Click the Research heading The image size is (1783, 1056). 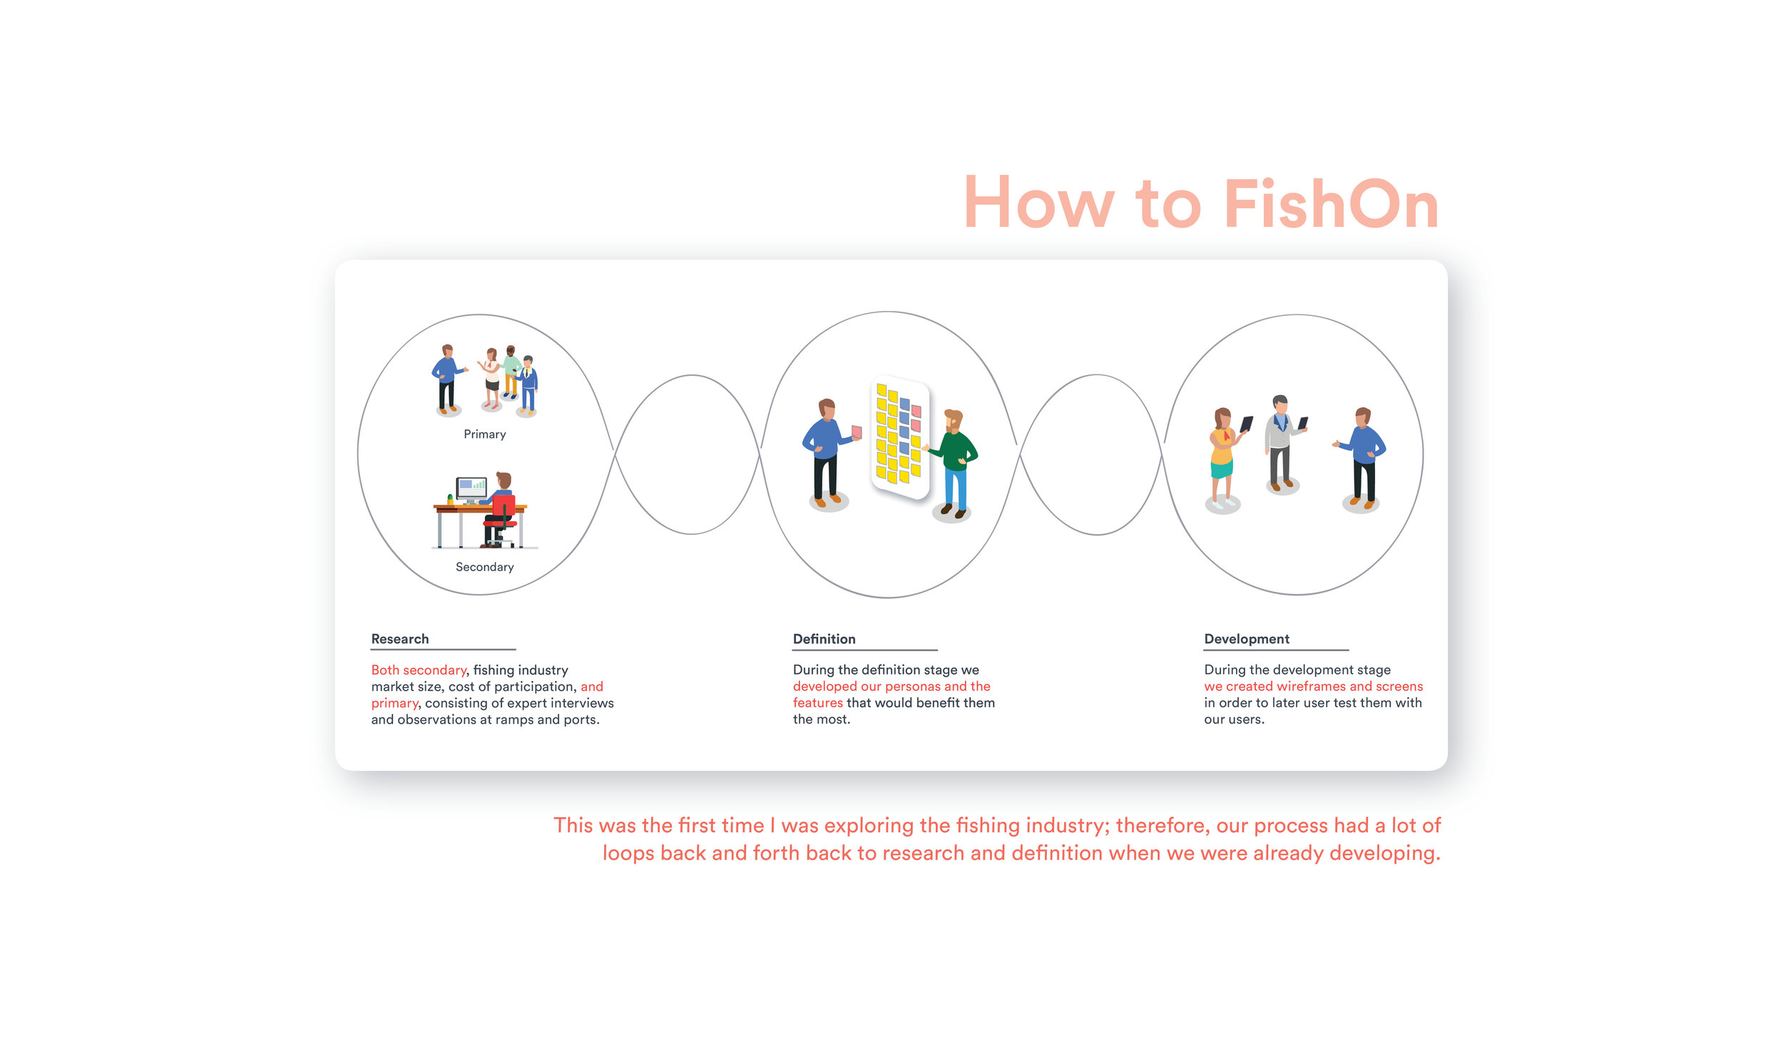coord(399,639)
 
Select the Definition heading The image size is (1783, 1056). coord(824,639)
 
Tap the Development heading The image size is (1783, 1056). coord(1246,639)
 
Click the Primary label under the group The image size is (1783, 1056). coord(484,434)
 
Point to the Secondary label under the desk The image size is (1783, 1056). coord(484,567)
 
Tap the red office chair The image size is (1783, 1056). coord(502,516)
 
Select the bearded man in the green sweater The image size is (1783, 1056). coord(954,460)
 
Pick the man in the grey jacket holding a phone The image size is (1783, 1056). coord(1281,442)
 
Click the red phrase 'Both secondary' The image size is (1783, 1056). coord(418,670)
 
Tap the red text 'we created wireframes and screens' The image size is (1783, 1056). coord(1313,686)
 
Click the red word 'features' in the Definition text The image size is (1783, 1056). coord(817,703)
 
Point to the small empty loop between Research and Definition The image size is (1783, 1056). coord(690,454)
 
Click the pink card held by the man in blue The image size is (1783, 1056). coord(857,431)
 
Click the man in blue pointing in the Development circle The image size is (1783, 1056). coord(1364,456)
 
